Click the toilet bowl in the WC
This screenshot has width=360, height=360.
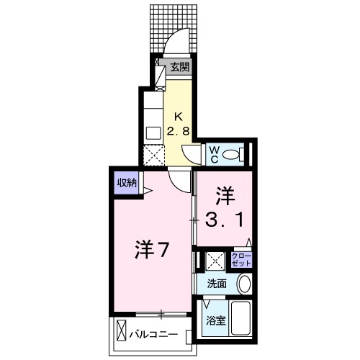(x=231, y=154)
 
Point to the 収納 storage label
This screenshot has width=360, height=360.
(x=127, y=183)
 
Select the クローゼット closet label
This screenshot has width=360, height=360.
(x=240, y=259)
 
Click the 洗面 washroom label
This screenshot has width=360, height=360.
(x=217, y=284)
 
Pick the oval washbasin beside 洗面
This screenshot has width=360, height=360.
(x=244, y=283)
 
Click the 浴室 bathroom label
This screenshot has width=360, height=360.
(x=216, y=320)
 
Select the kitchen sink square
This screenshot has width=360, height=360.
(x=153, y=132)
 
